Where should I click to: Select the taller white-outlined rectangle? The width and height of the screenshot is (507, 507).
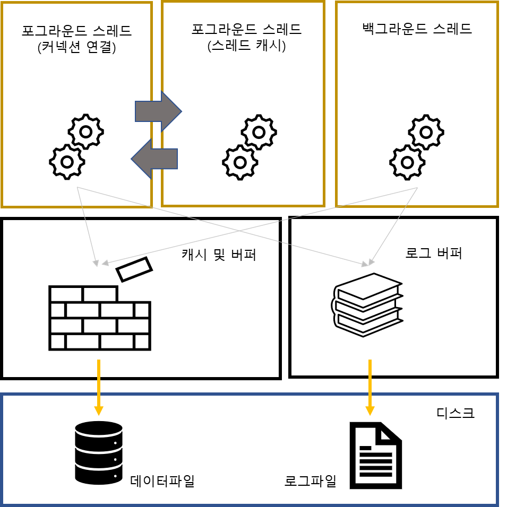(246, 38)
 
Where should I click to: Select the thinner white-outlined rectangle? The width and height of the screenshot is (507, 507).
(416, 29)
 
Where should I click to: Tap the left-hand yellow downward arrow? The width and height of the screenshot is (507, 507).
(99, 384)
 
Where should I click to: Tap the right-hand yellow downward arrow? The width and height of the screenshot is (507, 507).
(370, 384)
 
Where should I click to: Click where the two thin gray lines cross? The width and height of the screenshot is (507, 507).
(240, 231)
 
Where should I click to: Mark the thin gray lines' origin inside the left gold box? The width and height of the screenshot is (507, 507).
(78, 187)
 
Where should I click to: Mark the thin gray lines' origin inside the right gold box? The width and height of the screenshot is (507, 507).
(418, 187)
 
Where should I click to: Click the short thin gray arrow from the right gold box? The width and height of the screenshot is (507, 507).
(393, 226)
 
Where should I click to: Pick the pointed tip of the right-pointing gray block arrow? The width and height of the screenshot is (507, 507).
(181, 111)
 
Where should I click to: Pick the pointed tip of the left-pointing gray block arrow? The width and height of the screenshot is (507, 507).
(132, 159)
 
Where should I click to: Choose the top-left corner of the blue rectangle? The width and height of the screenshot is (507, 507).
(3, 395)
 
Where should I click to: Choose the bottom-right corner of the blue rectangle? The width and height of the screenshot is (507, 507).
(497, 504)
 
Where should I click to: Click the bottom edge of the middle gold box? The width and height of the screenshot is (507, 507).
(243, 205)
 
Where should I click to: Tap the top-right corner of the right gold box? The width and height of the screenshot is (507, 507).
(497, 3)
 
